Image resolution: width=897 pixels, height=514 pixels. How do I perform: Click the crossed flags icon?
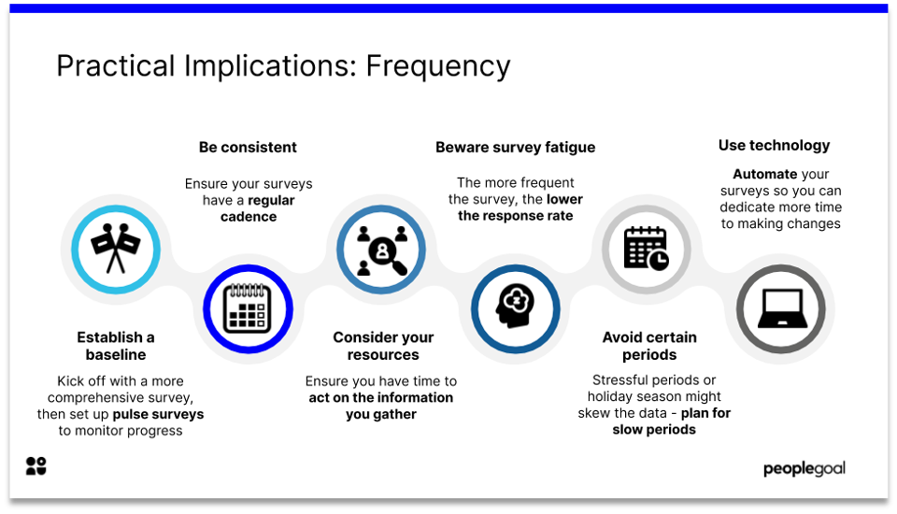point(116,249)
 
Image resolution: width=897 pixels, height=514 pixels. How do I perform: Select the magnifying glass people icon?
point(381,249)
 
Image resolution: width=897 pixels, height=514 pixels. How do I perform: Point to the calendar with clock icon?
point(646,249)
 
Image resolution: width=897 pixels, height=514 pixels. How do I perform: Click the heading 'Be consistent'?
point(248,147)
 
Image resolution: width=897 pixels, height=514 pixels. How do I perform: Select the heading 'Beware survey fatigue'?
point(515,147)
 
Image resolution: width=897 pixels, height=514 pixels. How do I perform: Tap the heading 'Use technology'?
point(774,145)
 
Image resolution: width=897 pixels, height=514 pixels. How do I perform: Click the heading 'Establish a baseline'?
point(116,346)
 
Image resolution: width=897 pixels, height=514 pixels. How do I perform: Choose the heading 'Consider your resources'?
point(383,346)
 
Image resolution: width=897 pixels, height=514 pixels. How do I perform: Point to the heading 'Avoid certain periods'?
point(649,346)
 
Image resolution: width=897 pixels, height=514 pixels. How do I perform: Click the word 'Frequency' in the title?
point(438,66)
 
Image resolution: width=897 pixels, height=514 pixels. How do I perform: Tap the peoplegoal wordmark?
point(804,468)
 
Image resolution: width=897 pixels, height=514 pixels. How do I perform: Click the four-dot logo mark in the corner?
point(36,466)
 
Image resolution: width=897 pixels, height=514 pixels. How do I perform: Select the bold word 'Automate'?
point(764,174)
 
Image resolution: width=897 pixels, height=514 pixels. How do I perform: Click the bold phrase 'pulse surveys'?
point(158,413)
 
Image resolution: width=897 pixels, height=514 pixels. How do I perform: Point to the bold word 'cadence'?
point(249,217)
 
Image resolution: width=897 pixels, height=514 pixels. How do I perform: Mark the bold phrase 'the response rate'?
point(515,216)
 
